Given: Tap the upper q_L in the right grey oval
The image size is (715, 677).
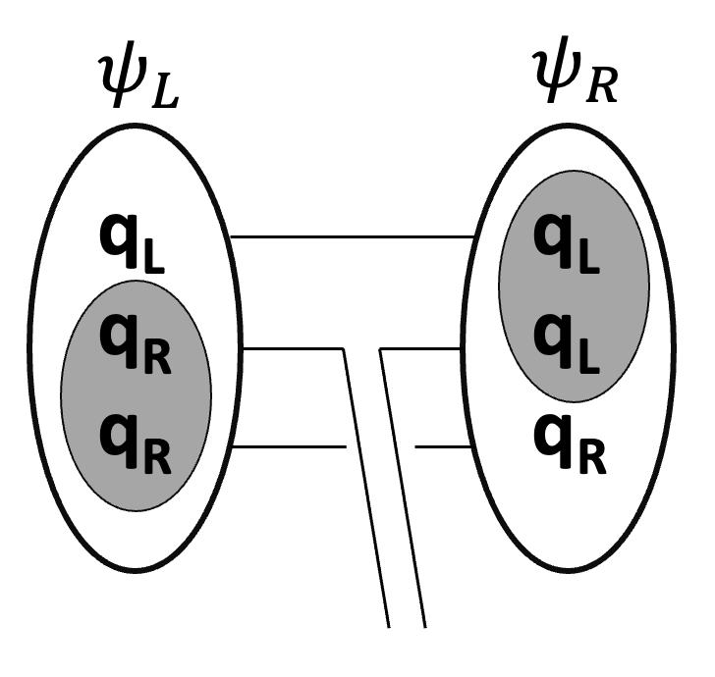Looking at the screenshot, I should [568, 246].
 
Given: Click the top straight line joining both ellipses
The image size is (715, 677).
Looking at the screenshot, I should [354, 236].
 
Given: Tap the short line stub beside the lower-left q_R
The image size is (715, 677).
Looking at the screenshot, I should [291, 446].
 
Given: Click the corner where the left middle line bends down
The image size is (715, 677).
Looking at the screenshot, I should [345, 348].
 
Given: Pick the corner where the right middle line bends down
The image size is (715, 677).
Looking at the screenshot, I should [381, 348].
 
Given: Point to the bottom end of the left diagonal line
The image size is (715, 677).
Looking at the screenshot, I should [389, 626].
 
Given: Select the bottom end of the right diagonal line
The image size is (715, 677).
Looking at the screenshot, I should [424, 626].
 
